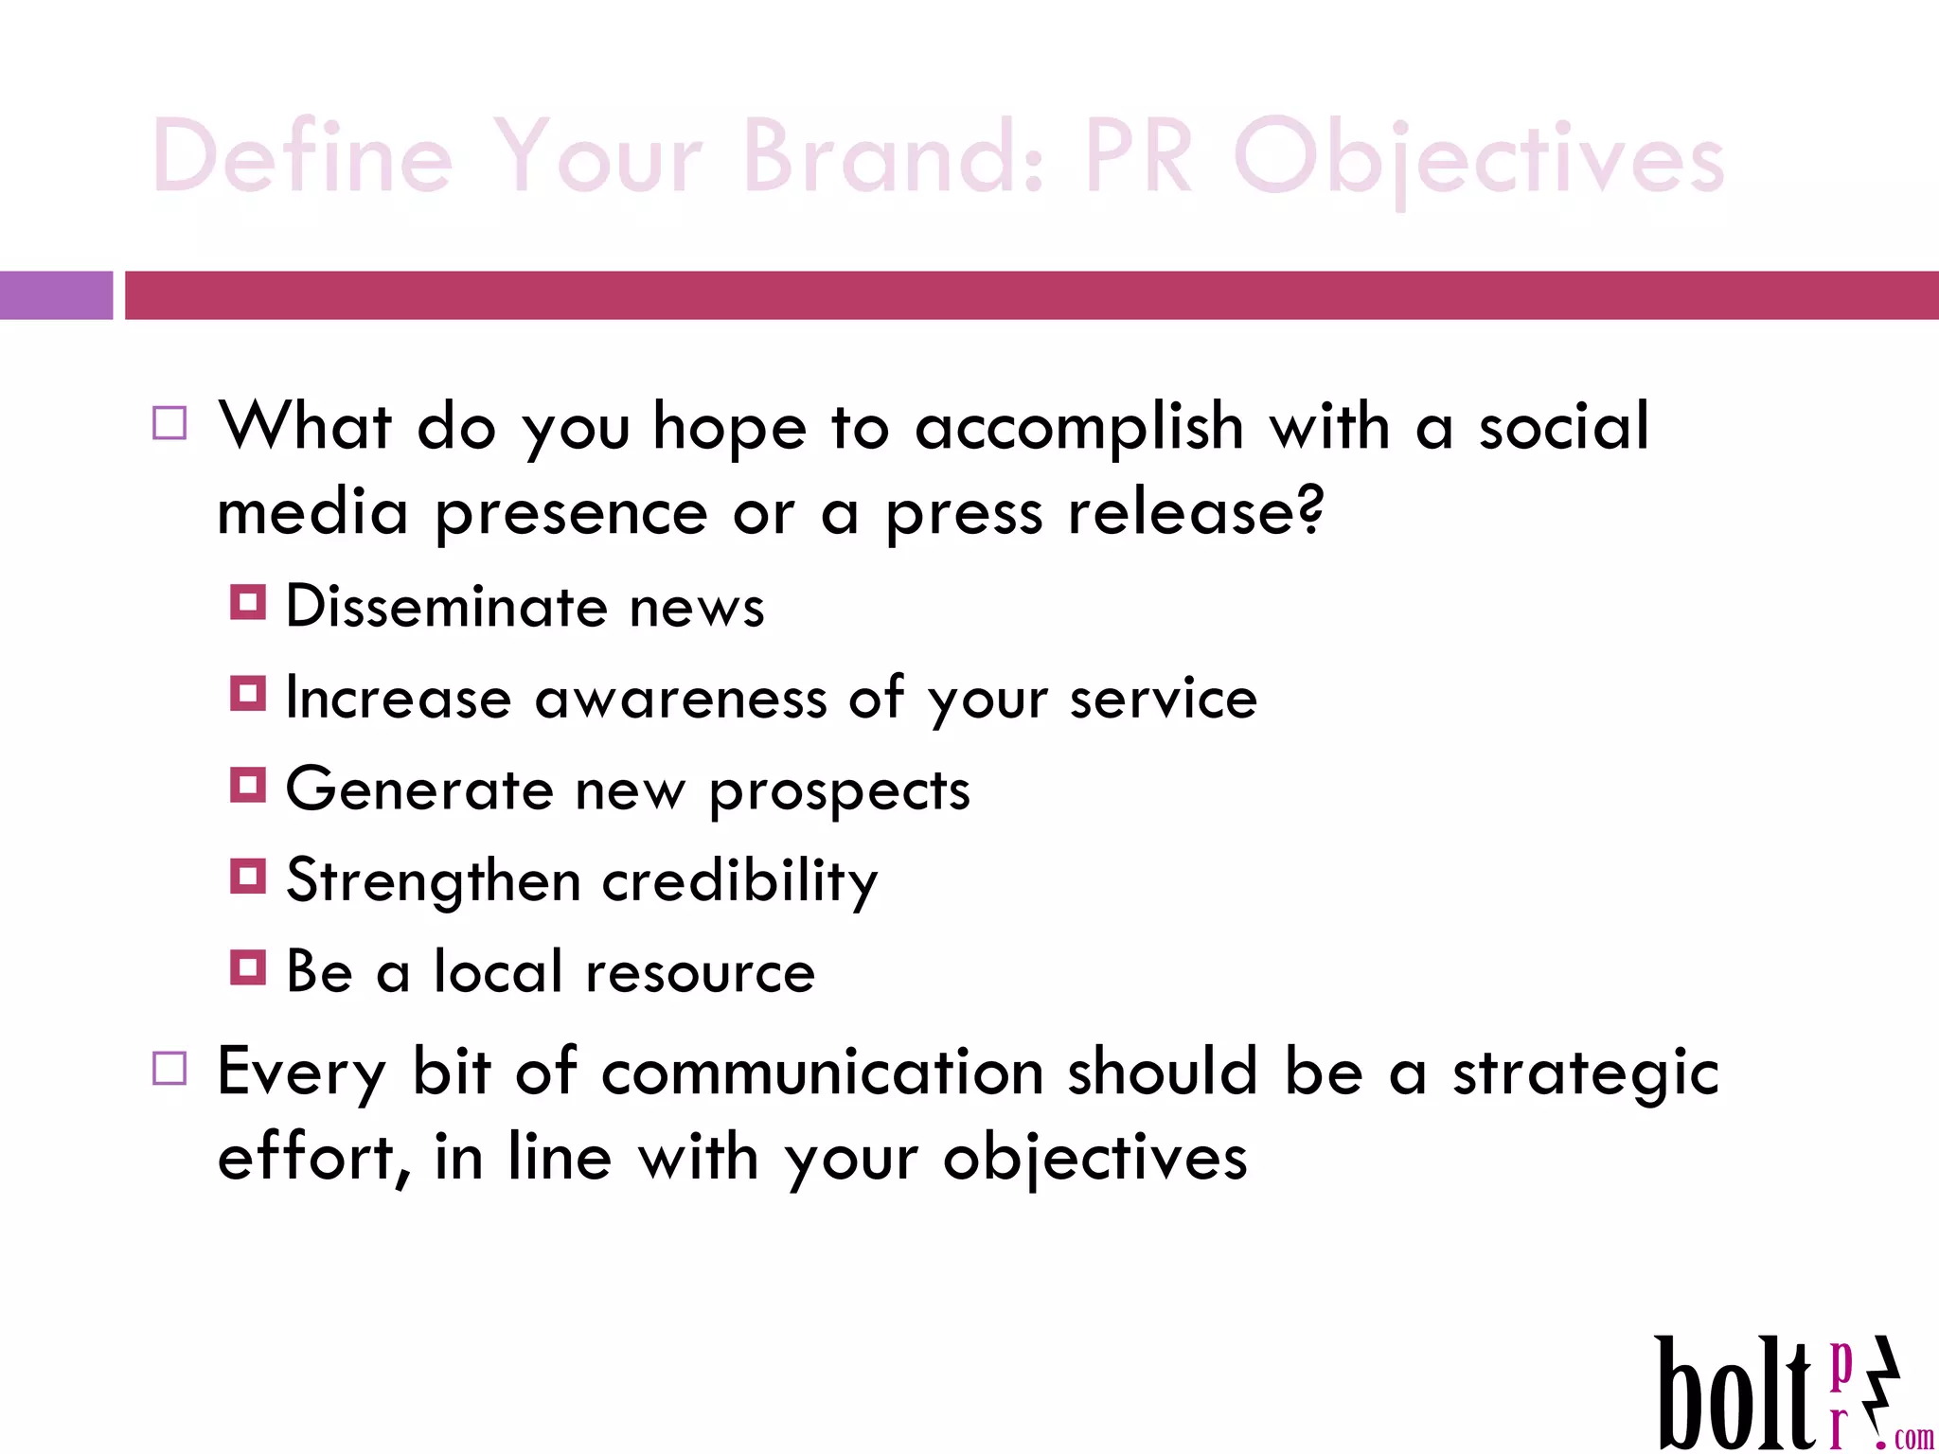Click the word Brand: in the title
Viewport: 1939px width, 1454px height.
(x=894, y=157)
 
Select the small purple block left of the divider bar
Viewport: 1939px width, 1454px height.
(x=56, y=295)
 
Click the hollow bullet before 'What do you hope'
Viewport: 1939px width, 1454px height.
(x=169, y=423)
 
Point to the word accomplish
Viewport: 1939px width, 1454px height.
(x=1078, y=428)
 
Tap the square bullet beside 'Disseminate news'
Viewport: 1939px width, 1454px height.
(x=248, y=602)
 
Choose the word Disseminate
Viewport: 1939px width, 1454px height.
(x=446, y=607)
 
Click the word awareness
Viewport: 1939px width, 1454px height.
(x=681, y=700)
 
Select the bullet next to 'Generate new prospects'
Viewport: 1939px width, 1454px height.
(x=248, y=785)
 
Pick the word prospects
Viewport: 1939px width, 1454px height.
(x=840, y=791)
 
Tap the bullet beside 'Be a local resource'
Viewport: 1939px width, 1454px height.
(x=248, y=967)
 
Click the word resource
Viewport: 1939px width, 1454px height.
(x=700, y=973)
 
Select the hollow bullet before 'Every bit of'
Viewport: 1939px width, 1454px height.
(x=169, y=1069)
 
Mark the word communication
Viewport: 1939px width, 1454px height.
(x=822, y=1073)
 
